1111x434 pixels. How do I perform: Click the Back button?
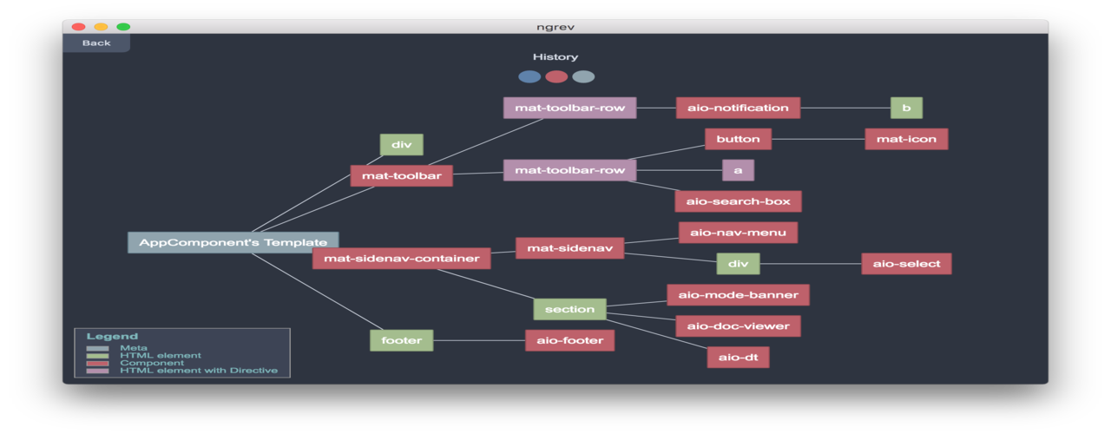(x=96, y=43)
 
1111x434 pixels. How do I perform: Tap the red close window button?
(x=78, y=27)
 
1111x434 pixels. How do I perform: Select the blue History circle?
(x=529, y=76)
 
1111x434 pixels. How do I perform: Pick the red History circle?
(x=556, y=76)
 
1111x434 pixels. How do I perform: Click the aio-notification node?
(x=738, y=108)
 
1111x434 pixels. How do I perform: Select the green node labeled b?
(x=906, y=108)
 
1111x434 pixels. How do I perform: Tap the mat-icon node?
(x=906, y=139)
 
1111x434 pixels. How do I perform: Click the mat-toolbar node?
(x=401, y=176)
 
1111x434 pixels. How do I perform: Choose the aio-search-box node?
(x=738, y=201)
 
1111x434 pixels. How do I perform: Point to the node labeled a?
(x=738, y=170)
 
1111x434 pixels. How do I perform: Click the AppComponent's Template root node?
(x=233, y=242)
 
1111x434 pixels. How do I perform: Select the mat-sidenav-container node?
(x=401, y=258)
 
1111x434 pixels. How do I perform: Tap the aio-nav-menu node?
(x=738, y=233)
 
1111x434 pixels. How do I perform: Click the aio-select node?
(x=906, y=264)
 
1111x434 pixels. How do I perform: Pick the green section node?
(x=569, y=309)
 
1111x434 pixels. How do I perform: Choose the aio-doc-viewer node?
(x=738, y=326)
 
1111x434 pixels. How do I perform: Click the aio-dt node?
(x=738, y=357)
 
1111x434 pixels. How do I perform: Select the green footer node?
(x=401, y=340)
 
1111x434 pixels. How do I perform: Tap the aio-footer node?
(x=569, y=340)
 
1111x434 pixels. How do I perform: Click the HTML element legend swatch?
(x=97, y=356)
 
